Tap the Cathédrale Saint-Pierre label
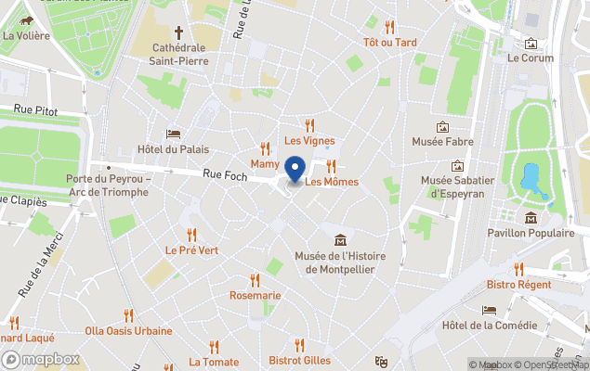[x=180, y=54]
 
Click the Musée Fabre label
[x=443, y=142]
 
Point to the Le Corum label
[x=531, y=57]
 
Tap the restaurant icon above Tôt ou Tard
[x=390, y=27]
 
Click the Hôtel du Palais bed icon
[x=173, y=134]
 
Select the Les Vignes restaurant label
[x=309, y=141]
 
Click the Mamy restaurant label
[x=265, y=163]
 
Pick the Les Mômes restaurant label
[x=332, y=182]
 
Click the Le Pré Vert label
[x=192, y=249]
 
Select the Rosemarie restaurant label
[x=255, y=295]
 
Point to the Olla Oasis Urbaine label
[x=128, y=330]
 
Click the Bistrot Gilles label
[x=299, y=360]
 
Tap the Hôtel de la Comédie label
[x=490, y=326]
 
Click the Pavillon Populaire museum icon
[x=531, y=218]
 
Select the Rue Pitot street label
[x=35, y=110]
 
